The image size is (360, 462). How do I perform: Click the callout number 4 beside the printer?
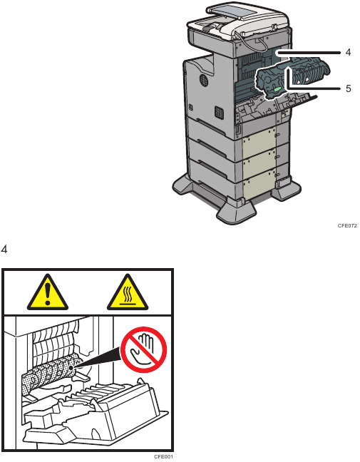pos(348,53)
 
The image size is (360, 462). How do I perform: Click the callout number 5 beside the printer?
pos(348,88)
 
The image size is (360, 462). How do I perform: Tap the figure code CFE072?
pos(347,226)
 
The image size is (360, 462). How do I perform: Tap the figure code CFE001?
pos(163,457)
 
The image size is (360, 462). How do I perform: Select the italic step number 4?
pos(4,250)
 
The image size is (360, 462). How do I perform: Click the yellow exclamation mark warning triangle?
pos(48,293)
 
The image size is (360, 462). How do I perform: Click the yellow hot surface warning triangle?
pos(128,293)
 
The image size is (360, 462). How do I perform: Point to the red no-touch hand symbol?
pos(144,349)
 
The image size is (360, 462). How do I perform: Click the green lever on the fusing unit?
pos(278,89)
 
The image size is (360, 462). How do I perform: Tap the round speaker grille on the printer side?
pos(202,80)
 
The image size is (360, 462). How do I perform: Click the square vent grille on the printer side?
pos(218,113)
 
